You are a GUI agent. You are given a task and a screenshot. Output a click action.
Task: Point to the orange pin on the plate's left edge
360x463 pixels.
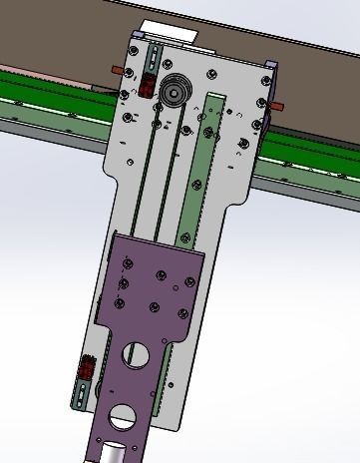point(118,69)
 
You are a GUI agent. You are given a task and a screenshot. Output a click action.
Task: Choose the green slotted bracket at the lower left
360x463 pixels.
point(79,390)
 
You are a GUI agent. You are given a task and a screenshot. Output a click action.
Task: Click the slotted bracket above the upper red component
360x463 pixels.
point(153,55)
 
